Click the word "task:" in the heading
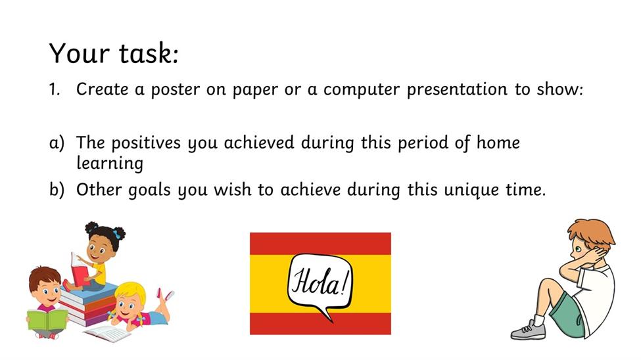pyautogui.click(x=149, y=53)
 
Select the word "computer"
pyautogui.click(x=362, y=90)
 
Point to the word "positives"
pyautogui.click(x=145, y=143)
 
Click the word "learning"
pyautogui.click(x=110, y=164)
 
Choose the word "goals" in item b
pyautogui.click(x=149, y=191)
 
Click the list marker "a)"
pyautogui.click(x=57, y=143)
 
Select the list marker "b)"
pyautogui.click(x=57, y=190)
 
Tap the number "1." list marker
pyautogui.click(x=55, y=89)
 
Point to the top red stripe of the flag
pyautogui.click(x=320, y=244)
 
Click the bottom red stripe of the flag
pyautogui.click(x=320, y=324)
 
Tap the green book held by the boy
pyautogui.click(x=47, y=319)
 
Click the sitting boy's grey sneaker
pyautogui.click(x=528, y=330)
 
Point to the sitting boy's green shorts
pyautogui.click(x=567, y=312)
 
